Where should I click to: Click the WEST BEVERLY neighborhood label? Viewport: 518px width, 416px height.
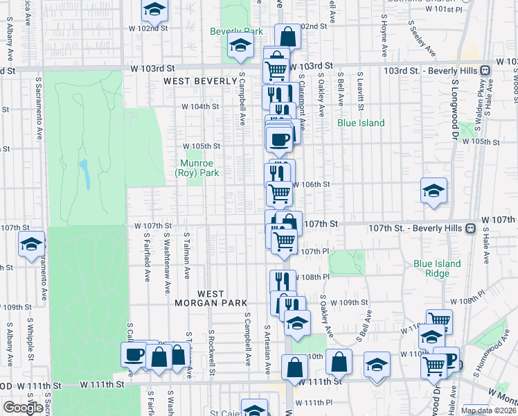200,81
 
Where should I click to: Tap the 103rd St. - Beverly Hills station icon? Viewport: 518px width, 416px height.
485,70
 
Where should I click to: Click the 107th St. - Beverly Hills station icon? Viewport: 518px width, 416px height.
470,227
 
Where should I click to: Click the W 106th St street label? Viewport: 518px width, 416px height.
311,185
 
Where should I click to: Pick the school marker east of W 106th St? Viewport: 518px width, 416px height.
434,191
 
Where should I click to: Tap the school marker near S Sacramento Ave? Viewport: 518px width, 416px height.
31,244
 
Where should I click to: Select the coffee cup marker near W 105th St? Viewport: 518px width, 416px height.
280,139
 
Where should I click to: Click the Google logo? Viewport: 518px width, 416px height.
22,408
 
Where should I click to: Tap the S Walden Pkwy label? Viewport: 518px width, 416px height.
478,101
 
